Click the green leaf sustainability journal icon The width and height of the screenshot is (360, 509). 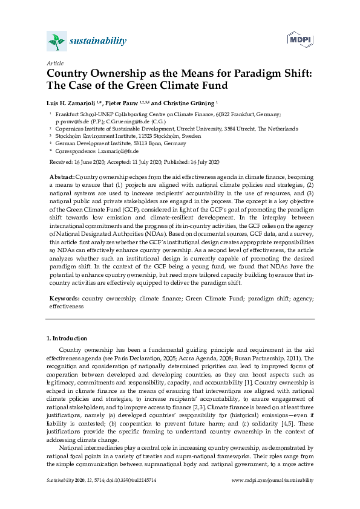[56, 41]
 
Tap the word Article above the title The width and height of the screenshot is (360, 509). [54, 62]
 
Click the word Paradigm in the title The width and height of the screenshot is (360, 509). [237, 73]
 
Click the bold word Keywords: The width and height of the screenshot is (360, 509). [64, 299]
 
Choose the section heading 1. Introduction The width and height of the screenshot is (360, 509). [67, 338]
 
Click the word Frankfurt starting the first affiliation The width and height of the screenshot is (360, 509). [67, 114]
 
